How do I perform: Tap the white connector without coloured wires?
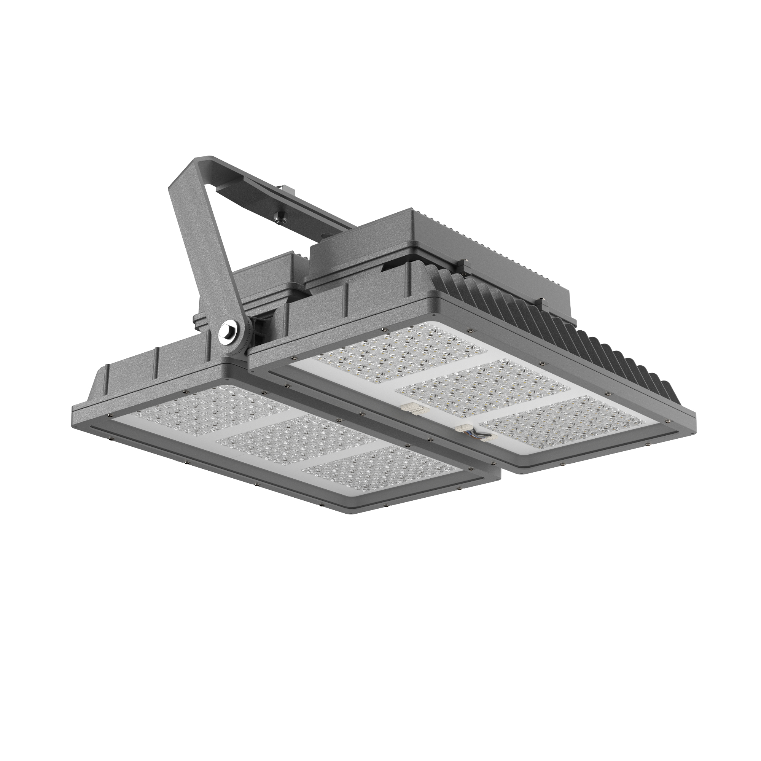(410, 408)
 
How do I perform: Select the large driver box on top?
(453, 240)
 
